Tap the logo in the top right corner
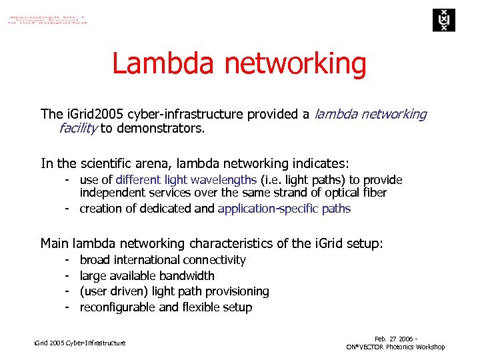pos(441,20)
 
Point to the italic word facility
pos(78,129)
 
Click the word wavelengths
pos(223,180)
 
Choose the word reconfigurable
pos(117,307)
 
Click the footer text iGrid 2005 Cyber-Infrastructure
pos(79,343)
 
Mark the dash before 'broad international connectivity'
pos(67,260)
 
